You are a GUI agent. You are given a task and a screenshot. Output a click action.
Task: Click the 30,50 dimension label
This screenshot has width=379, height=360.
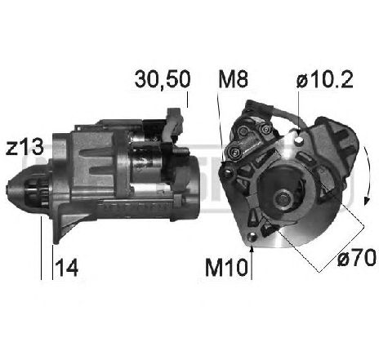[163, 79]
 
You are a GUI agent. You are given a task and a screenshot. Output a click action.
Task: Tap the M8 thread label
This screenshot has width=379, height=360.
[233, 79]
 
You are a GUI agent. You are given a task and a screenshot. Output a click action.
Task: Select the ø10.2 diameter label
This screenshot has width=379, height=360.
[325, 79]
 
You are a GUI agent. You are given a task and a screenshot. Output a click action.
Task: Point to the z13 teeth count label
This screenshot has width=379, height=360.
[25, 147]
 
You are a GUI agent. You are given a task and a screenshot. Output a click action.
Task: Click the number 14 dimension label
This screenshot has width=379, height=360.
[67, 267]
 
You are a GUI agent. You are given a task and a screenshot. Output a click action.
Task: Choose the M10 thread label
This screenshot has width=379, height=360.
[226, 268]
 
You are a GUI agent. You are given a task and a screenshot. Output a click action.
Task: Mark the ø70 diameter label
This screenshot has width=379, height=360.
[357, 258]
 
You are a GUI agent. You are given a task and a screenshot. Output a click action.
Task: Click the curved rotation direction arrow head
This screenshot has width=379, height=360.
[367, 201]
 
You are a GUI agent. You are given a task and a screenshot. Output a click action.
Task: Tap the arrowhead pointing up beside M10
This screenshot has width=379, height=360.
[252, 248]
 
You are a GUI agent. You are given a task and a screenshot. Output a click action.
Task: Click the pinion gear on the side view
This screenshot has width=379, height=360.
[38, 193]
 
